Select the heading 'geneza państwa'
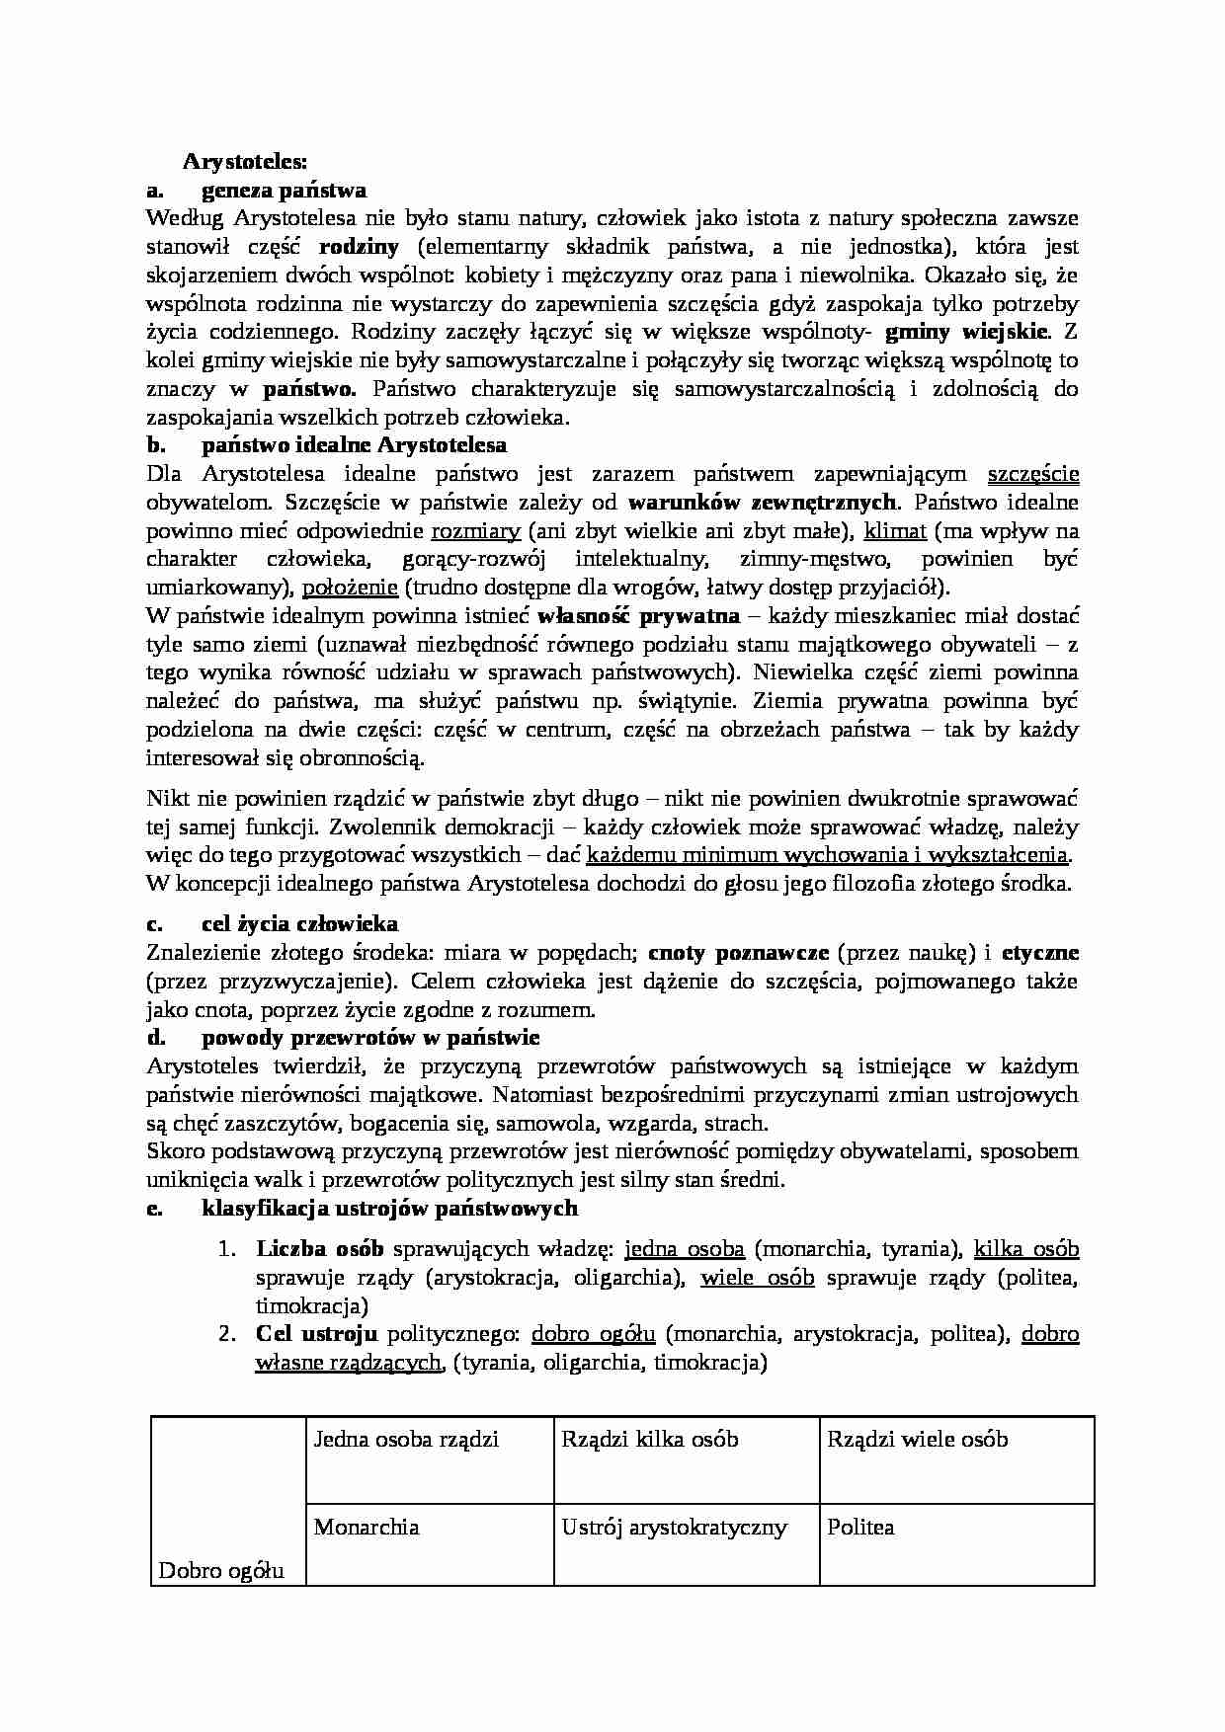point(284,190)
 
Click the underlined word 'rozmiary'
point(475,531)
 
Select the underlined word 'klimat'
point(895,531)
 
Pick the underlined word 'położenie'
point(350,589)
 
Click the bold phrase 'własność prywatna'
point(638,616)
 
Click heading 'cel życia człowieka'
point(299,924)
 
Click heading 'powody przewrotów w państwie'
point(370,1038)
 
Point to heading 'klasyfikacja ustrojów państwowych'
point(389,1208)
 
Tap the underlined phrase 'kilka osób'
point(1025,1249)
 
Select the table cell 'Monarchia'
point(366,1528)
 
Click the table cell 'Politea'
point(860,1528)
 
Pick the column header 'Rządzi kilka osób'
point(649,1440)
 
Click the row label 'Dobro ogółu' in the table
point(221,1570)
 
